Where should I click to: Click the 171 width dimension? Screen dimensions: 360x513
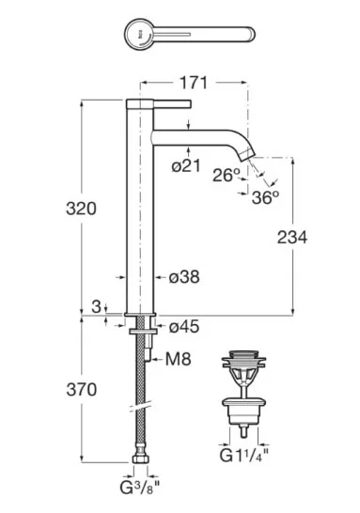pos(194,83)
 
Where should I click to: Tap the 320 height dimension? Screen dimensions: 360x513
pos(81,209)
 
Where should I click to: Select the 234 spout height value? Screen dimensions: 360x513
pos(292,237)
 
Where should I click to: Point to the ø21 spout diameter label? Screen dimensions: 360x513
pos(186,166)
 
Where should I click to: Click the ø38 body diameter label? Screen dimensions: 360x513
pos(184,277)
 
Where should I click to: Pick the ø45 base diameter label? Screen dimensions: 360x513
pos(184,327)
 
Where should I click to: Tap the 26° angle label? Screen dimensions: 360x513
pos(227,175)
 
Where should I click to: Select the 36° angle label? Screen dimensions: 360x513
pos(265,197)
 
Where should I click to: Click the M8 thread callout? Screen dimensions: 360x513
pos(179,359)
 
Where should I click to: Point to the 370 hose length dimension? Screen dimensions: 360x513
pos(82,389)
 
